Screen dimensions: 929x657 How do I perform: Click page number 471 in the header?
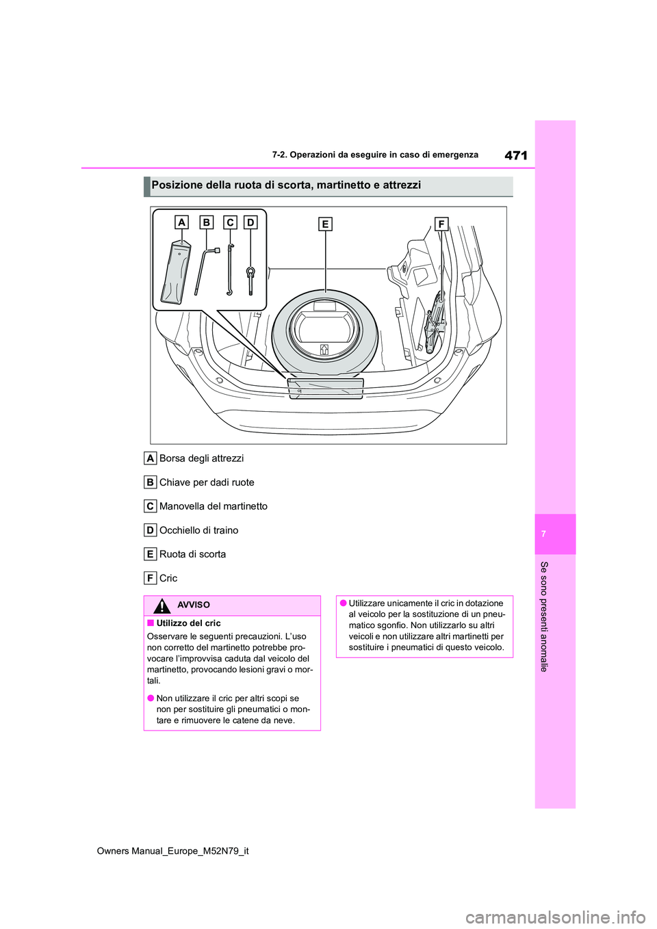tap(515, 156)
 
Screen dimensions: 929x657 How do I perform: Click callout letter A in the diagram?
tap(181, 222)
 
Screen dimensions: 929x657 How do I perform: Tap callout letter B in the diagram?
tap(206, 222)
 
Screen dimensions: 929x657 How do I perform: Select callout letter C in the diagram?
tap(230, 222)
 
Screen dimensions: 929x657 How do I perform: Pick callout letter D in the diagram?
tap(250, 222)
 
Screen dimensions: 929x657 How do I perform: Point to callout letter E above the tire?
tap(325, 224)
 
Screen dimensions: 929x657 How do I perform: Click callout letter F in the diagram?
tap(441, 224)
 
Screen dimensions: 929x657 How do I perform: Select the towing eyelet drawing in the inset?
tap(250, 277)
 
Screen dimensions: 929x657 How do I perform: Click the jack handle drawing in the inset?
tap(230, 270)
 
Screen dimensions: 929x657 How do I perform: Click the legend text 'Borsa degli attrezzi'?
tap(201, 458)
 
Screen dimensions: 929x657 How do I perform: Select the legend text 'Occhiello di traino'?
tap(198, 530)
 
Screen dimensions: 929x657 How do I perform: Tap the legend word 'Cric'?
tap(168, 578)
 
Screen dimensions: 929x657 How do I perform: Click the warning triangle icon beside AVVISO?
tap(162, 605)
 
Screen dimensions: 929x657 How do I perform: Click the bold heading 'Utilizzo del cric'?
tap(188, 623)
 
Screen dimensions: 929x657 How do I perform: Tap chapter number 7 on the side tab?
tap(543, 534)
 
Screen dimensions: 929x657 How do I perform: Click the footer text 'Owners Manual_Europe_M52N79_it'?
tap(173, 851)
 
